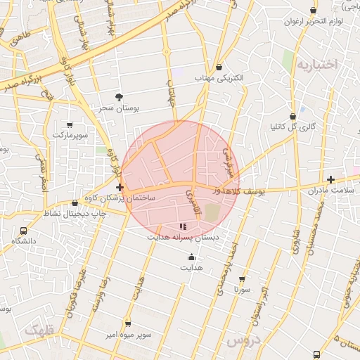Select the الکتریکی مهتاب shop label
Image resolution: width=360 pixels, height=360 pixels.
[x=220, y=79]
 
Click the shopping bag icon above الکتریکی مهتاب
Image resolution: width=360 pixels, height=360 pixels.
[x=220, y=67]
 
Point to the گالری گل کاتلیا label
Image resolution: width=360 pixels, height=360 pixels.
[x=293, y=128]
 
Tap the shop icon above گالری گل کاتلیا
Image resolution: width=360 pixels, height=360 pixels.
[x=293, y=117]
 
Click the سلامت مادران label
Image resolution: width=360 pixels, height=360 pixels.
[x=330, y=191]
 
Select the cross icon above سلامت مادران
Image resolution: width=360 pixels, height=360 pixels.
[x=331, y=179]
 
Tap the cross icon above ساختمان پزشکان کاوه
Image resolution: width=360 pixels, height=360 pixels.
[x=120, y=187]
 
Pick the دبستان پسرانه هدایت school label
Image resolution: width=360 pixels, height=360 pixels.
[x=183, y=238]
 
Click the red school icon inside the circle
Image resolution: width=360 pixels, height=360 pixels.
[x=184, y=226]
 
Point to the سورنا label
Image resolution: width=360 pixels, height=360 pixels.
[x=242, y=289]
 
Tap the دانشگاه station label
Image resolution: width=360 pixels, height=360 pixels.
[x=24, y=241]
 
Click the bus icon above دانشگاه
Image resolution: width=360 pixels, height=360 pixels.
[x=24, y=230]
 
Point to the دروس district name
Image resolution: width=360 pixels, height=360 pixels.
[x=243, y=340]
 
